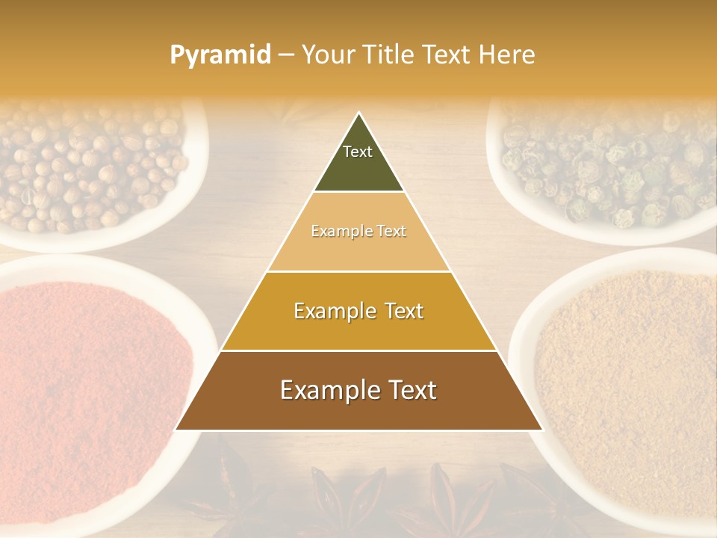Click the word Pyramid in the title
tap(220, 55)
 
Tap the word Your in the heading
tap(329, 55)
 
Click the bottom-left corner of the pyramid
tap(176, 430)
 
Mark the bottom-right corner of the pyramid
tap(542, 430)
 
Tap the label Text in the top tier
tap(357, 152)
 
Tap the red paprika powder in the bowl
tap(90, 389)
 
